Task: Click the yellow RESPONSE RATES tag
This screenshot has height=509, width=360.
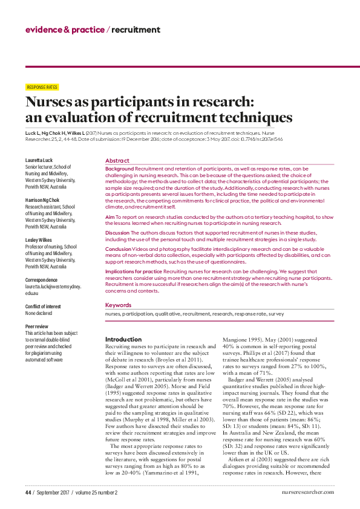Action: click(42, 87)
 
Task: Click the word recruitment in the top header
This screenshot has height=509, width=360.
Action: click(136, 30)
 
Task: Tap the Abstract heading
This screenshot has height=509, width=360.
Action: click(117, 161)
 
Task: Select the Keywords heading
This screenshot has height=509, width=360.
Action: click(119, 305)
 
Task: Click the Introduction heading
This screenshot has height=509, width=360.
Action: click(123, 340)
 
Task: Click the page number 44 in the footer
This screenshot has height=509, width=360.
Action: click(28, 493)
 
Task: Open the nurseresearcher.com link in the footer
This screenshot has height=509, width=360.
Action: click(308, 493)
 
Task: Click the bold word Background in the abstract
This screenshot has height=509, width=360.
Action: click(119, 168)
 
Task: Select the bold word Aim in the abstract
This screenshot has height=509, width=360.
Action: click(110, 216)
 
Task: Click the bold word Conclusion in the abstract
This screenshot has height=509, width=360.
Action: click(118, 248)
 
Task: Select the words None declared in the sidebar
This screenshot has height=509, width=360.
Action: click(39, 313)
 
